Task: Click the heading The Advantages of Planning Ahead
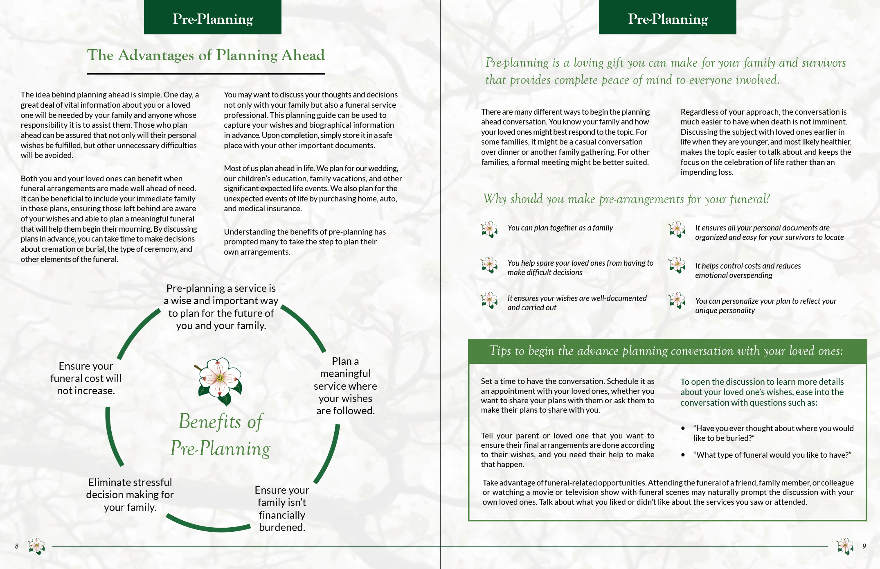click(206, 55)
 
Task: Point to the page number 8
click(17, 546)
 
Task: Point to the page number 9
click(864, 546)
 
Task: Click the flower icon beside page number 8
click(36, 546)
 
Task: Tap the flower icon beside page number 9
click(845, 546)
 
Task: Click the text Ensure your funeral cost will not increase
click(86, 378)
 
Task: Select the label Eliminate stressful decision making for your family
click(130, 494)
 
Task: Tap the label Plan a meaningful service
click(345, 386)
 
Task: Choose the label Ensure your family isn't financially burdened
click(282, 508)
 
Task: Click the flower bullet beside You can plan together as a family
click(489, 229)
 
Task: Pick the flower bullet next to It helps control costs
click(677, 265)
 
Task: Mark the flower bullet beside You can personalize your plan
click(677, 300)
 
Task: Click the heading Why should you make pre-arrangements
click(626, 199)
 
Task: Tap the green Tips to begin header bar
click(667, 351)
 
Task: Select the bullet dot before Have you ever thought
click(683, 428)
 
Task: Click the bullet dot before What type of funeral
click(683, 455)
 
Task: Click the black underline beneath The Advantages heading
click(206, 74)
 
